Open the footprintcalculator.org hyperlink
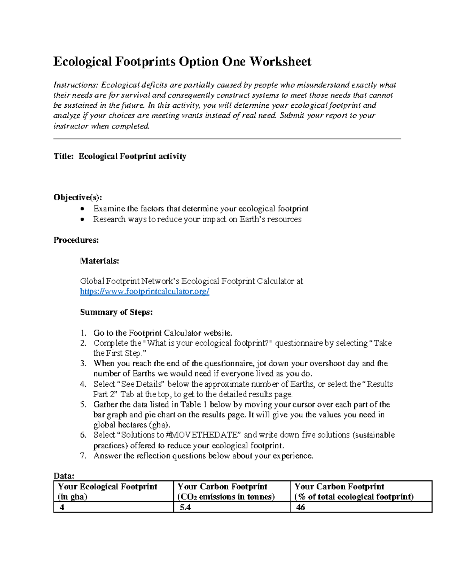coord(145,291)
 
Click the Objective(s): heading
coord(77,197)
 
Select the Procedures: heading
coord(76,240)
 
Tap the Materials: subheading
coord(100,261)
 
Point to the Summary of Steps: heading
coord(116,312)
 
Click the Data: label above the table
coord(64,475)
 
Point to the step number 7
coord(83,456)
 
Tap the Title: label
coord(63,156)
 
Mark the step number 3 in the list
coord(83,364)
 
